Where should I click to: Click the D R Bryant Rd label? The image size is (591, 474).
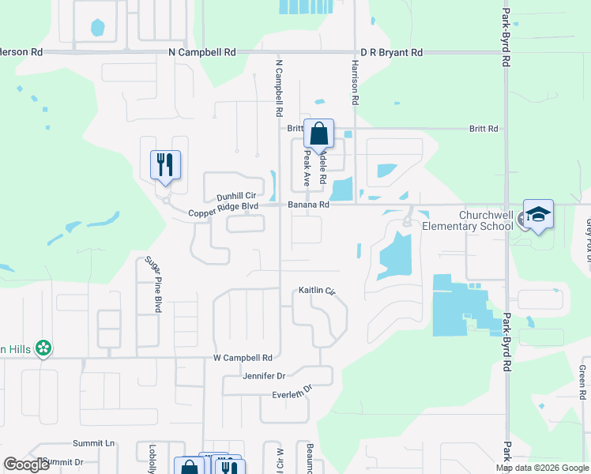(391, 52)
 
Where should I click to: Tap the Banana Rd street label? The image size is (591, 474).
(307, 205)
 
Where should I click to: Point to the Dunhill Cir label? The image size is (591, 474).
(237, 196)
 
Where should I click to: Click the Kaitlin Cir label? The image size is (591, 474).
(317, 291)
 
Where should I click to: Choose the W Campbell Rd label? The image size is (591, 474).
(243, 357)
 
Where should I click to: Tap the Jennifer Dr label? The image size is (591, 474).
(264, 376)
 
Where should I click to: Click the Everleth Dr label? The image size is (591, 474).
(293, 393)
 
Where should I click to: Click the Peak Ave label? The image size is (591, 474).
(307, 168)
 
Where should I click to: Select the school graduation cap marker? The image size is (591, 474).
(538, 214)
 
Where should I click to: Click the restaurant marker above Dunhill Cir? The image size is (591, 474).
(166, 165)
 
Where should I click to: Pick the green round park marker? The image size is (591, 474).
(44, 347)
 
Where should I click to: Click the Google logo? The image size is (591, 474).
(26, 465)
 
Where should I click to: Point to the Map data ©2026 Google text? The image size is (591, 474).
(542, 468)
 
